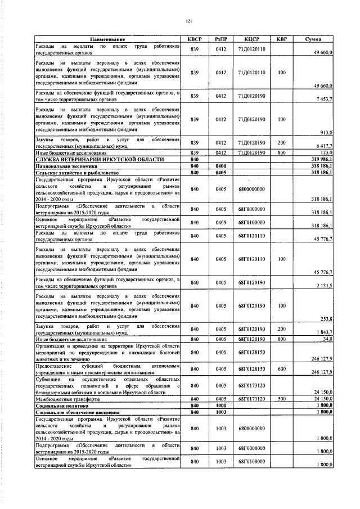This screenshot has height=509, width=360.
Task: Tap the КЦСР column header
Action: (x=251, y=39)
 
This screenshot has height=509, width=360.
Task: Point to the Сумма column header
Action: (x=313, y=39)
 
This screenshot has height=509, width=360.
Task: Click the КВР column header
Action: (x=281, y=39)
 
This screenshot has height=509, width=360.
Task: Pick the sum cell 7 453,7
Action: (x=324, y=98)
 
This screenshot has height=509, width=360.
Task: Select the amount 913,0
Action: (x=327, y=132)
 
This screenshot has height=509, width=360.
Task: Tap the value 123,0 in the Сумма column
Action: (x=326, y=152)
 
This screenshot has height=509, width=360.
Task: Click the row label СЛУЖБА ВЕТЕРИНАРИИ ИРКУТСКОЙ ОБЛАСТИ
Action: (x=100, y=160)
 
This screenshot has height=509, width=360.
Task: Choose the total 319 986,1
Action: (x=322, y=160)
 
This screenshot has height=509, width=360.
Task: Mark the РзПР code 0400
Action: (x=220, y=166)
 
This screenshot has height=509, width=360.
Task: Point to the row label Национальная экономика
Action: (x=66, y=166)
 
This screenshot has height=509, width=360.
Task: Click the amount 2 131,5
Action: (x=324, y=286)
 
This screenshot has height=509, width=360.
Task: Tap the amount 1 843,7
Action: (x=324, y=332)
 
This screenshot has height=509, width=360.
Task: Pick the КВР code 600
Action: (x=281, y=369)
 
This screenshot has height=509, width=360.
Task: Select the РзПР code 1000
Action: (x=220, y=405)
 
